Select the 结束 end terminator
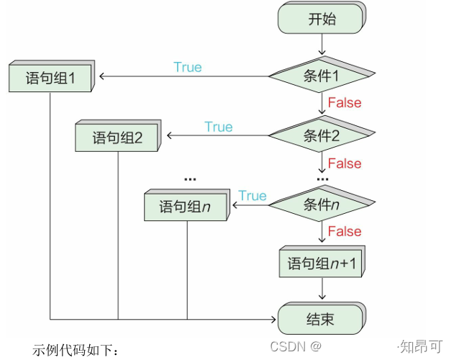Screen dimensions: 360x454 tap(321, 319)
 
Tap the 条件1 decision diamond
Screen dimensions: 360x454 tap(322, 75)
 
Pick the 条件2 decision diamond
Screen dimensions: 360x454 tap(322, 135)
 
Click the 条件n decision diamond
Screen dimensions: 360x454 tap(322, 204)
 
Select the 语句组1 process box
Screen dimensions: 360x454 tap(50, 78)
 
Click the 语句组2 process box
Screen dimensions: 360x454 tap(118, 138)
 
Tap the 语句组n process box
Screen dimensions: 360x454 tap(186, 207)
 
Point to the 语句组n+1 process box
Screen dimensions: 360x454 tap(322, 263)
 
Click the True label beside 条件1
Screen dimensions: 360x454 tap(188, 67)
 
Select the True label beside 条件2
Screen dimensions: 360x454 tap(218, 127)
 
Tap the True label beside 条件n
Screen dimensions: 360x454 tap(253, 196)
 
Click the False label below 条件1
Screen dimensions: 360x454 tap(345, 102)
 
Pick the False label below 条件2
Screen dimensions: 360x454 tap(345, 163)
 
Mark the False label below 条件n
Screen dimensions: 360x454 tap(345, 231)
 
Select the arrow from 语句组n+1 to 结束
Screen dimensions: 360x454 tap(322, 289)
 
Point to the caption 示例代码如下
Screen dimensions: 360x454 tap(75, 350)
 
